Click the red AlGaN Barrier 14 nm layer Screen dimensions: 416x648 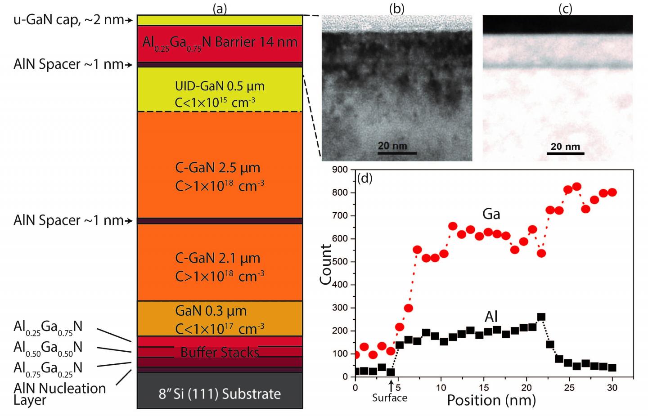(220, 43)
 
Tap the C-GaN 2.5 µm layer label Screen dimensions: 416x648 (218, 168)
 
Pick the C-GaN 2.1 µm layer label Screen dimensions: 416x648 (218, 258)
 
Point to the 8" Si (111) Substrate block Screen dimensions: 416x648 (220, 394)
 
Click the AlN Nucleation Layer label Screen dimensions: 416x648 (59, 394)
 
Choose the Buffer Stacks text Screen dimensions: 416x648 (220, 352)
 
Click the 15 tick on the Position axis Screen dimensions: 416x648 (484, 387)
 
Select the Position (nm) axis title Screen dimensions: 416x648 (491, 400)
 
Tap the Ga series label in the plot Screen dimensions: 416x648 (491, 214)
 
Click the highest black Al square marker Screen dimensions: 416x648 (541, 317)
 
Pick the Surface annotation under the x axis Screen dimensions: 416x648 (390, 398)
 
